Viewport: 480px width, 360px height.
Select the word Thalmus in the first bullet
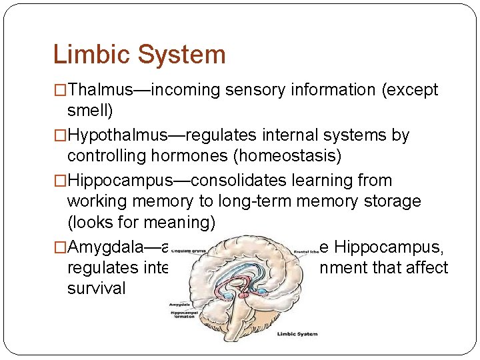[100, 89]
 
